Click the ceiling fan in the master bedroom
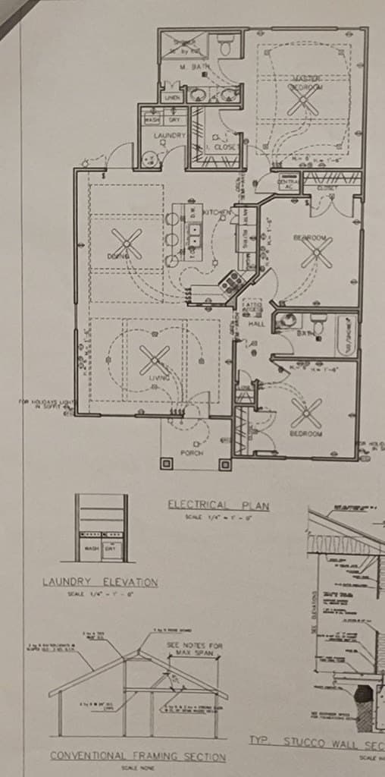pyautogui.click(x=302, y=102)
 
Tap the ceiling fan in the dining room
pyautogui.click(x=127, y=244)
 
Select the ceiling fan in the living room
pyautogui.click(x=155, y=360)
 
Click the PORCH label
pyautogui.click(x=192, y=453)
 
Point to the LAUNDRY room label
pyautogui.click(x=169, y=136)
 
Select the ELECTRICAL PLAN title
pyautogui.click(x=218, y=505)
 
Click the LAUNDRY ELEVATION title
pyautogui.click(x=99, y=583)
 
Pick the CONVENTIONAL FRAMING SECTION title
pyautogui.click(x=138, y=757)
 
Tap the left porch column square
pyautogui.click(x=166, y=464)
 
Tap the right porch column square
pyautogui.click(x=224, y=464)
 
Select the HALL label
pyautogui.click(x=255, y=324)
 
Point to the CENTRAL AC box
pyautogui.click(x=286, y=183)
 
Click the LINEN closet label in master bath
pyautogui.click(x=172, y=99)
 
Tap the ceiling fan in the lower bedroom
pyautogui.click(x=306, y=414)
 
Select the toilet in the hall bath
pyautogui.click(x=318, y=326)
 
